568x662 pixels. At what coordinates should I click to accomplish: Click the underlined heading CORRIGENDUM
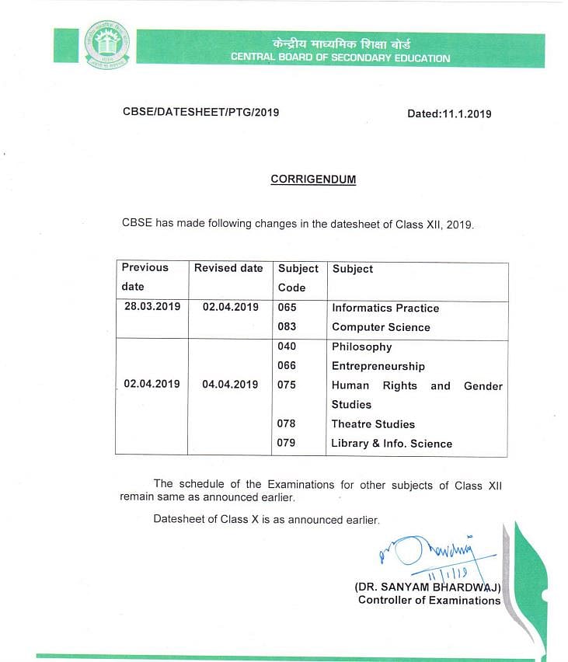[x=313, y=179]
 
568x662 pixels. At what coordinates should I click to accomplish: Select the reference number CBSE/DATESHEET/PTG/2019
[x=200, y=112]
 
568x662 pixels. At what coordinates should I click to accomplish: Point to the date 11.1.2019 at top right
[x=449, y=113]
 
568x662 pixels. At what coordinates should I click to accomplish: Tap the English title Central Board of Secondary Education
[x=340, y=58]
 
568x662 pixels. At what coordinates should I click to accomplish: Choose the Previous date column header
[x=145, y=277]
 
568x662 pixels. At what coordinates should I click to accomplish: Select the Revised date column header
[x=228, y=268]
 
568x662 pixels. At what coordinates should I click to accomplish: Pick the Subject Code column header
[x=298, y=277]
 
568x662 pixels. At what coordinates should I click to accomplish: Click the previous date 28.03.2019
[x=152, y=307]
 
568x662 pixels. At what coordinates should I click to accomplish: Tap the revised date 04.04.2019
[x=230, y=384]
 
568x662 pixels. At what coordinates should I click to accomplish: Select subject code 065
[x=287, y=308]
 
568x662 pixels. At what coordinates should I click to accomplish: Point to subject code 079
[x=287, y=443]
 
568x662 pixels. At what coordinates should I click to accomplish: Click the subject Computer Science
[x=381, y=327]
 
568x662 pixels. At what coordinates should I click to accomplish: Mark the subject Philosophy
[x=361, y=347]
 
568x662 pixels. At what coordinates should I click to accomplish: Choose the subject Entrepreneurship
[x=378, y=366]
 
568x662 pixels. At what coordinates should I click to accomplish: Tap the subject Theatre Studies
[x=373, y=424]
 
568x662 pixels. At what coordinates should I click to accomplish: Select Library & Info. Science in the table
[x=392, y=444]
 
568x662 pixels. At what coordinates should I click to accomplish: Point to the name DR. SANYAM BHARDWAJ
[x=427, y=588]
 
